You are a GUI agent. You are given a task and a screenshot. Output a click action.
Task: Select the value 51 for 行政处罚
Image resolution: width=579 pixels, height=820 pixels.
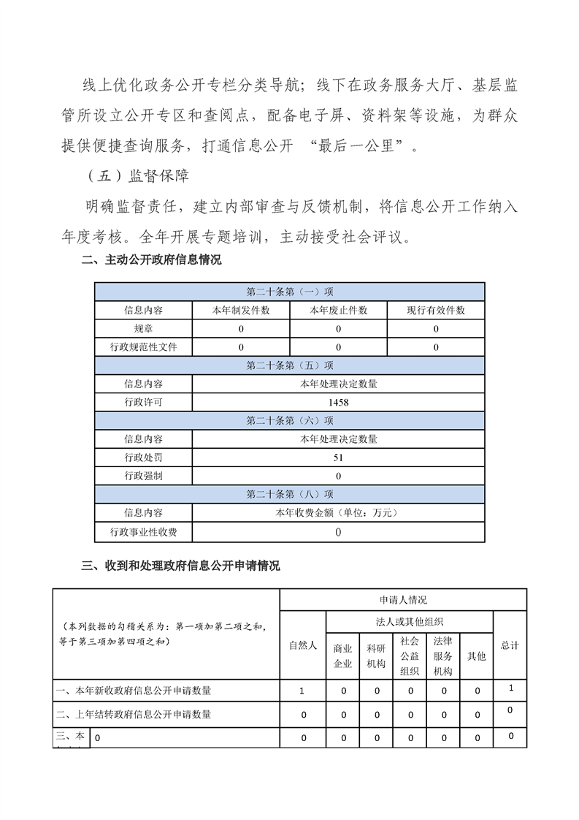click(337, 458)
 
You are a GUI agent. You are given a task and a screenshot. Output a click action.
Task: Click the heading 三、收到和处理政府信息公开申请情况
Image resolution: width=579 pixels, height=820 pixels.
click(180, 566)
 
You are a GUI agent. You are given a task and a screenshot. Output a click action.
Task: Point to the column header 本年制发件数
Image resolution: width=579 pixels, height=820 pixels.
click(241, 310)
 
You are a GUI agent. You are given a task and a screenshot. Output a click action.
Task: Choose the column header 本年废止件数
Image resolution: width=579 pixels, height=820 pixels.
click(338, 310)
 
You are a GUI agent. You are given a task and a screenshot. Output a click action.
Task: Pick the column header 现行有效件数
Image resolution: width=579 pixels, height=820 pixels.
click(436, 310)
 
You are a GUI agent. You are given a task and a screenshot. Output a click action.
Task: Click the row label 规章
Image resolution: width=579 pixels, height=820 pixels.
click(144, 329)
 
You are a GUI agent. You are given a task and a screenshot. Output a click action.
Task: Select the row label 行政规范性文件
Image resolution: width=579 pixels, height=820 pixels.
click(144, 347)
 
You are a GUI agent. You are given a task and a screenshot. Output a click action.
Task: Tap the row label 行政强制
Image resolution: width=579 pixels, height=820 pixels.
click(144, 476)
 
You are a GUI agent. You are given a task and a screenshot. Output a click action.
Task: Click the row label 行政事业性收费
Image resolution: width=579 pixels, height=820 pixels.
click(144, 532)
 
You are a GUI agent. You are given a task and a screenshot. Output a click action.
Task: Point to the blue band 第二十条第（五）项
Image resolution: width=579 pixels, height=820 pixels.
click(290, 365)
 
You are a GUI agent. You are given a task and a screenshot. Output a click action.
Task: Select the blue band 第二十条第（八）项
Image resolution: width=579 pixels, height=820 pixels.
click(290, 494)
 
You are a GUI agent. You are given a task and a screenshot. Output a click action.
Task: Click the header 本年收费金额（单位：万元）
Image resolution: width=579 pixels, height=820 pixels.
click(337, 513)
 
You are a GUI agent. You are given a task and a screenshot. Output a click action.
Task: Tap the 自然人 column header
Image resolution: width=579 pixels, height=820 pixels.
click(303, 645)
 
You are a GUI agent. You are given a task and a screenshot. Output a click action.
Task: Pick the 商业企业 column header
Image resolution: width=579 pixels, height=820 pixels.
click(342, 656)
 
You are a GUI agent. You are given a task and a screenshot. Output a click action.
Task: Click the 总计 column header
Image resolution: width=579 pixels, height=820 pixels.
click(510, 645)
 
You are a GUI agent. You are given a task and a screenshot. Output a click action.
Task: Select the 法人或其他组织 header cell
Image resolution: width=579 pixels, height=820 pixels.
click(409, 622)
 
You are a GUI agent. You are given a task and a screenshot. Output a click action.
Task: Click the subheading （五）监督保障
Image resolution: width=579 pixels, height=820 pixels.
click(137, 177)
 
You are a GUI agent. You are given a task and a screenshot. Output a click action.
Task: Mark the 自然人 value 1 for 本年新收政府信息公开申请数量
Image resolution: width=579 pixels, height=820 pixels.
click(303, 690)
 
